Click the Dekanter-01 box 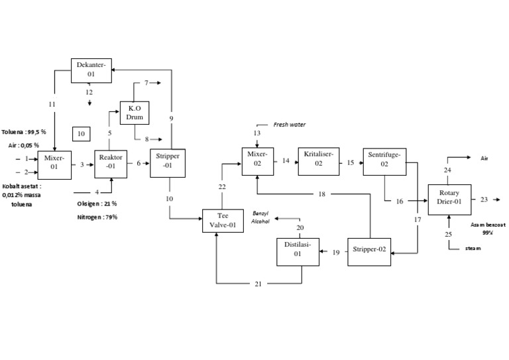point(91,70)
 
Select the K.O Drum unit point(135,113)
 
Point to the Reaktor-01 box point(111,162)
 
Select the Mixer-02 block point(258,161)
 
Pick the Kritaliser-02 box point(318,161)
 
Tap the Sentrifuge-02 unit point(384,161)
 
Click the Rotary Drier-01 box point(449,198)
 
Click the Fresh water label point(290,125)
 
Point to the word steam point(473,248)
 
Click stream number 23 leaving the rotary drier point(484,199)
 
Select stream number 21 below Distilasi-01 point(259,284)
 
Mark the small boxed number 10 point(81,134)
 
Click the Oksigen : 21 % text point(97,204)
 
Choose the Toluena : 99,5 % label point(24,132)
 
